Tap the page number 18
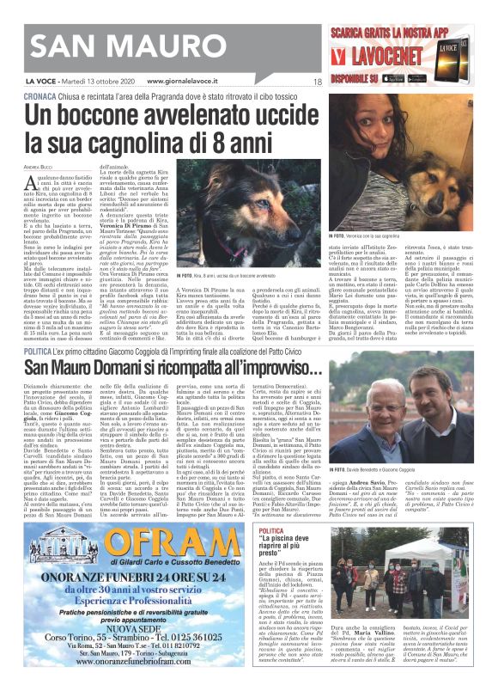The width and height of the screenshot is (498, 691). (x=317, y=82)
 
